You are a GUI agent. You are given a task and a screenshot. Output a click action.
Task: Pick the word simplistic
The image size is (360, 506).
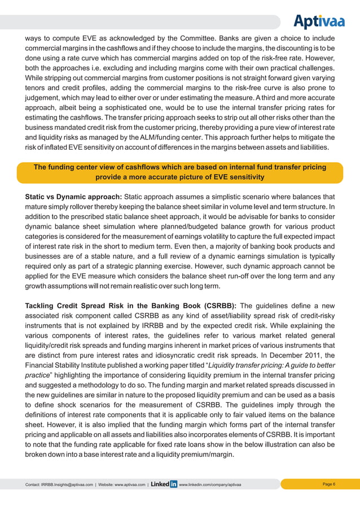click(x=243, y=197)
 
